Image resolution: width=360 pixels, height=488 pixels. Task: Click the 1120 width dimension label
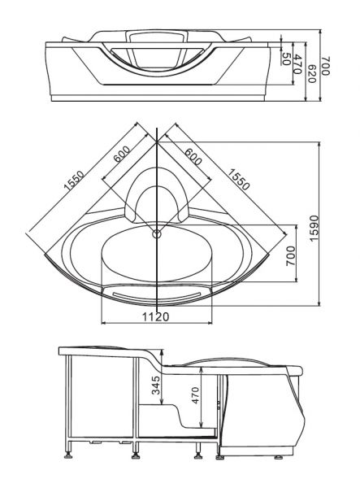click(155, 316)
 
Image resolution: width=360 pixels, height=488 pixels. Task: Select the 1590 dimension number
click(314, 228)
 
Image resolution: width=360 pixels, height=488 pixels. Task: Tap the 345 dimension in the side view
click(156, 385)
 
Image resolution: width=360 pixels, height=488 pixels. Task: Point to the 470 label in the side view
click(195, 395)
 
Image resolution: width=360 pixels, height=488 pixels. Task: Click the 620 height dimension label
click(311, 74)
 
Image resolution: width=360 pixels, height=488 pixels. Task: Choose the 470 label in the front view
click(297, 64)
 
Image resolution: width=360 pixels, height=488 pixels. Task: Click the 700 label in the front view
click(326, 66)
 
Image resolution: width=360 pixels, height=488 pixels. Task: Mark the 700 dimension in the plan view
click(290, 256)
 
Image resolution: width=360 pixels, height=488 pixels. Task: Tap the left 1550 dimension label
click(74, 181)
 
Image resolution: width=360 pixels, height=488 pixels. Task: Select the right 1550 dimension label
click(238, 179)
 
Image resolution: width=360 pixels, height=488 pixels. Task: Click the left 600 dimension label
click(122, 154)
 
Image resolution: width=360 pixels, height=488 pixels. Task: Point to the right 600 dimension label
click(193, 156)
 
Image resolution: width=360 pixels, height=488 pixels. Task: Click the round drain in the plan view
click(157, 233)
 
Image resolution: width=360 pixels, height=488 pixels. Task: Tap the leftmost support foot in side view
click(69, 456)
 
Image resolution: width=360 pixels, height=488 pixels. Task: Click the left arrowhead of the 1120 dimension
click(104, 323)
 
